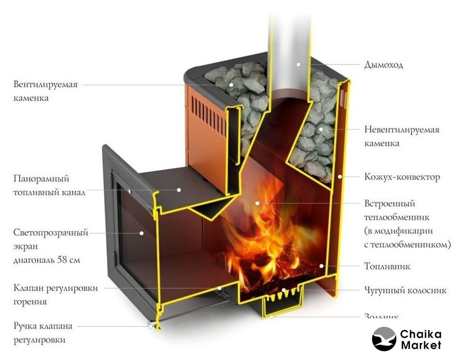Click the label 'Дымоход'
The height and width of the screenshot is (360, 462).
[x=383, y=65]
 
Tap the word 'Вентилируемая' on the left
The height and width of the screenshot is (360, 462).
[x=46, y=84]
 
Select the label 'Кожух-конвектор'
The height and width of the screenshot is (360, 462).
[x=402, y=177]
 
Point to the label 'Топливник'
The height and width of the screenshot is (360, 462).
[x=387, y=266]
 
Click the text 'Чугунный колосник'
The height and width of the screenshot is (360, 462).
[x=405, y=291]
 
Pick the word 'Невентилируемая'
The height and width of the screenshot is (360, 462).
[x=401, y=130]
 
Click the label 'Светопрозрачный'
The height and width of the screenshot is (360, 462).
[x=51, y=232]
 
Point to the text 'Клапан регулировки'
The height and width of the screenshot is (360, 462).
[x=56, y=288]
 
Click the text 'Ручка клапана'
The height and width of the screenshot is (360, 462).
[x=43, y=326]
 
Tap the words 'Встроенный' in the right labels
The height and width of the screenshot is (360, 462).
[x=389, y=204]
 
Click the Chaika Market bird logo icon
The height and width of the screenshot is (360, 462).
[x=384, y=339]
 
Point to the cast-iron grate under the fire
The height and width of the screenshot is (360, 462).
[x=283, y=293]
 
